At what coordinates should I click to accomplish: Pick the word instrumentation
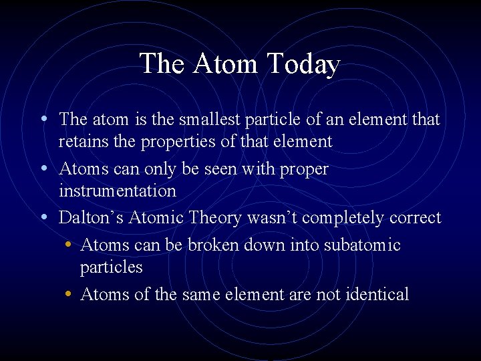[117, 191]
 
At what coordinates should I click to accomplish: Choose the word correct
[416, 218]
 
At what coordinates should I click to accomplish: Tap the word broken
[213, 245]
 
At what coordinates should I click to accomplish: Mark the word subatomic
[362, 245]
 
